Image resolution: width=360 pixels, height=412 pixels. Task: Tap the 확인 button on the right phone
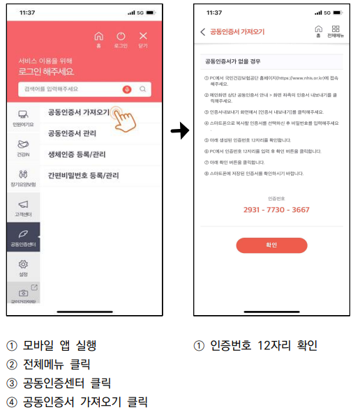pyautogui.click(x=271, y=245)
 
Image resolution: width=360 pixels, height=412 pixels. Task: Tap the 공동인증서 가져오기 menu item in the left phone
pyautogui.click(x=78, y=112)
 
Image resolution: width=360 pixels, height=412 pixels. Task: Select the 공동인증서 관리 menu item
pyautogui.click(x=73, y=133)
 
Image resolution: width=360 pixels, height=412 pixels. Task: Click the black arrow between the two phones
pyautogui.click(x=180, y=130)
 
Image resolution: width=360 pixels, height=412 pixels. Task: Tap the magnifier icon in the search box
pyautogui.click(x=142, y=89)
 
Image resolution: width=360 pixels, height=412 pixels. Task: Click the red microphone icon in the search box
pyautogui.click(x=127, y=89)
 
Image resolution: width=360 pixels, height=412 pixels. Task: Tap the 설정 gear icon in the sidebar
pyautogui.click(x=23, y=267)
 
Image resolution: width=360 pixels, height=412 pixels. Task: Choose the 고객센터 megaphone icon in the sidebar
pyautogui.click(x=23, y=206)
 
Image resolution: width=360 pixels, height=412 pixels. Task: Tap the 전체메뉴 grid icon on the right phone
pyautogui.click(x=336, y=31)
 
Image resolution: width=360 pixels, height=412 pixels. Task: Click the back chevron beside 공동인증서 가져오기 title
pyautogui.click(x=203, y=32)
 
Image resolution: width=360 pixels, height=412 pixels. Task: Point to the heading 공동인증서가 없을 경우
pyautogui.click(x=232, y=62)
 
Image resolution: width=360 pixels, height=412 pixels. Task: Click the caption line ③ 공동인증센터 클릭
pyautogui.click(x=59, y=383)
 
